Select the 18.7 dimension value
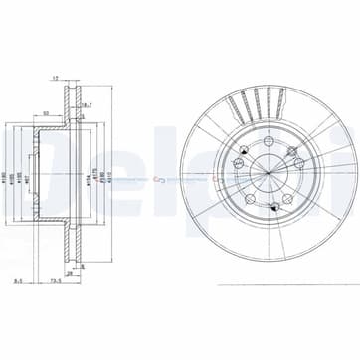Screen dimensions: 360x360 click(x=87, y=104)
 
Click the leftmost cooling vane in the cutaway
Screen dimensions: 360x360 click(x=228, y=107)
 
